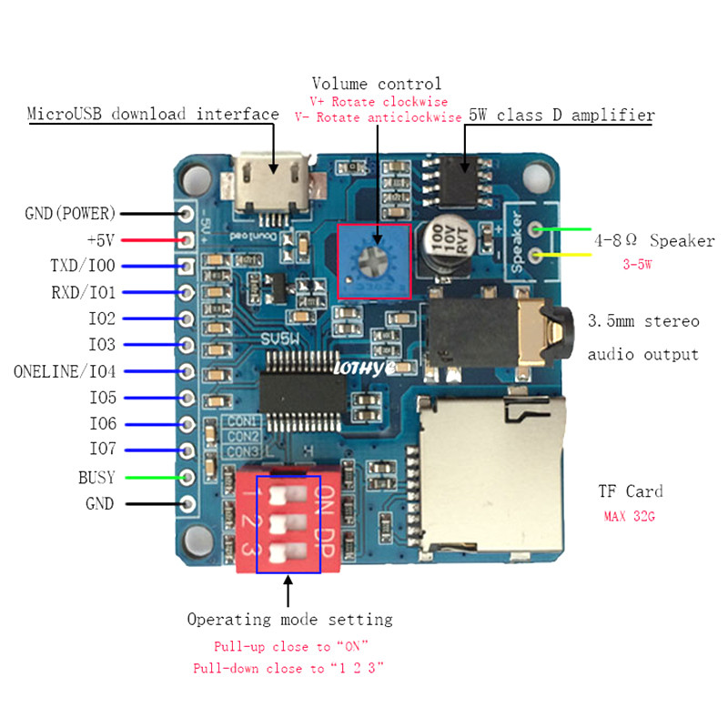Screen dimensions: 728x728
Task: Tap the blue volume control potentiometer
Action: coord(373,260)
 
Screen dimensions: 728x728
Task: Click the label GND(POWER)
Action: coord(70,214)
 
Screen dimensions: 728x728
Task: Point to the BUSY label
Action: coord(96,477)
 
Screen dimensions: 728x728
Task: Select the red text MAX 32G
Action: coord(630,516)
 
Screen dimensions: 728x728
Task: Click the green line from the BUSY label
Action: coord(151,477)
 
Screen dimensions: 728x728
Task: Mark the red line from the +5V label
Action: coord(151,240)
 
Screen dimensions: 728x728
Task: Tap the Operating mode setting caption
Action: coord(289,620)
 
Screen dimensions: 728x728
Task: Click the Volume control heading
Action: coord(376,84)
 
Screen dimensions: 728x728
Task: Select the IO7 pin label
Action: coord(101,450)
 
